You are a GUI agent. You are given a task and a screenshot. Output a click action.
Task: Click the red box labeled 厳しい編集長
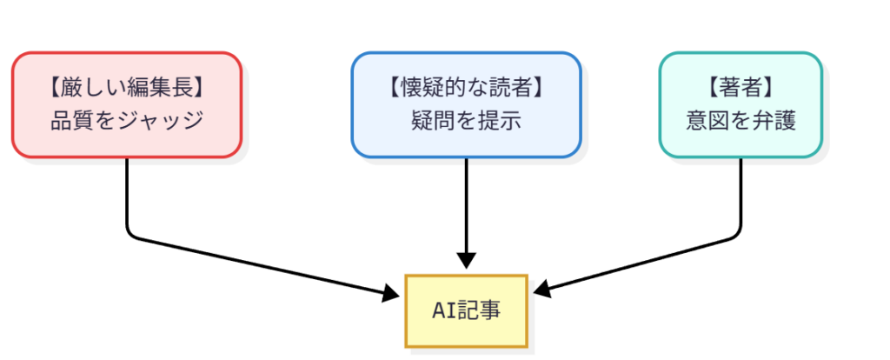(x=126, y=105)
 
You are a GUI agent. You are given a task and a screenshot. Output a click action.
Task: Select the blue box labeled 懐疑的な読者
(x=466, y=105)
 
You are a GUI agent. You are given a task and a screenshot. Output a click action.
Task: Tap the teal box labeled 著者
(x=741, y=105)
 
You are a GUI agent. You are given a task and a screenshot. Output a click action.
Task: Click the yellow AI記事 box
(x=466, y=311)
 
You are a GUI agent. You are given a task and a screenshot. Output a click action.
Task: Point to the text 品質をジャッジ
(x=127, y=121)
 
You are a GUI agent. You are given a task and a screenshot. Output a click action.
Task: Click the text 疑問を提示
(x=466, y=121)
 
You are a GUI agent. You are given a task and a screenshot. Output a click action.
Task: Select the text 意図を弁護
(x=741, y=121)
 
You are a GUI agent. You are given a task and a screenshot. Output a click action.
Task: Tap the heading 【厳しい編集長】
(x=127, y=88)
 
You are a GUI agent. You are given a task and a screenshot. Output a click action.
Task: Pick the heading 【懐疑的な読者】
(x=466, y=88)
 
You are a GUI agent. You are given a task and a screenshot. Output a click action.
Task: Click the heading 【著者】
(x=741, y=88)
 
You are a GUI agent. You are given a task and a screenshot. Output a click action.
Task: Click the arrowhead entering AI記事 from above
(x=466, y=261)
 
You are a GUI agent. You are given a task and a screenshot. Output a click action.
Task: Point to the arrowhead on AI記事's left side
(x=396, y=294)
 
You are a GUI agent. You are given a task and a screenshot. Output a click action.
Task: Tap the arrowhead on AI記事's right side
(x=539, y=289)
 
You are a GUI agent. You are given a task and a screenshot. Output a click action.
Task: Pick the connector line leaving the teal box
(x=741, y=196)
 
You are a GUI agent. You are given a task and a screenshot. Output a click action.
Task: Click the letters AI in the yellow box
(x=443, y=311)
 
